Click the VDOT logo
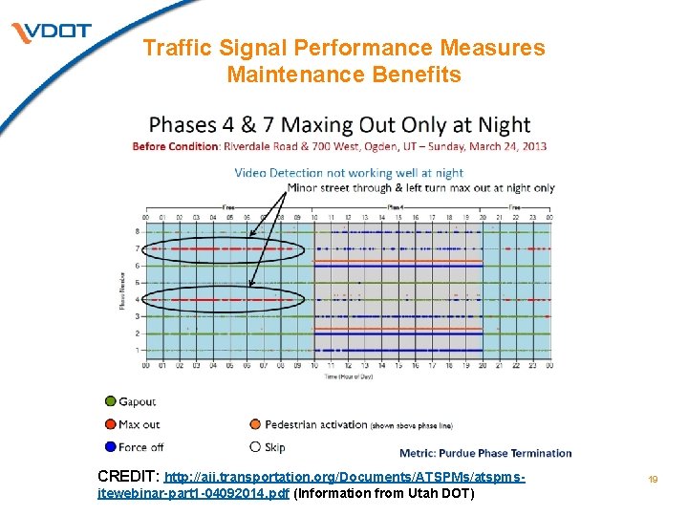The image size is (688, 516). click(x=52, y=32)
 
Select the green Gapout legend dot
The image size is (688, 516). click(x=111, y=402)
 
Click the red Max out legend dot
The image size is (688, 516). click(x=111, y=424)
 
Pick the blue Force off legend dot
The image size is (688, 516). click(x=111, y=446)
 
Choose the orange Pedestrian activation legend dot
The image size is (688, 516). click(x=255, y=424)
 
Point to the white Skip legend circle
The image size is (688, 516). click(x=255, y=446)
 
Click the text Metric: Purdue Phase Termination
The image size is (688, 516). click(x=485, y=453)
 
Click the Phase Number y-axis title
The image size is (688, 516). click(x=120, y=290)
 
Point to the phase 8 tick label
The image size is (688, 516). click(x=137, y=231)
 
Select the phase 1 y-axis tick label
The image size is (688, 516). click(x=137, y=351)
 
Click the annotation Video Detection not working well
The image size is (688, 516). click(x=348, y=173)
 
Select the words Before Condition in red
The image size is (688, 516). click(x=176, y=146)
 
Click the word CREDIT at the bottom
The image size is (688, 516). click(x=128, y=475)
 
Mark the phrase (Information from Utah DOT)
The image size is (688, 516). click(x=383, y=493)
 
